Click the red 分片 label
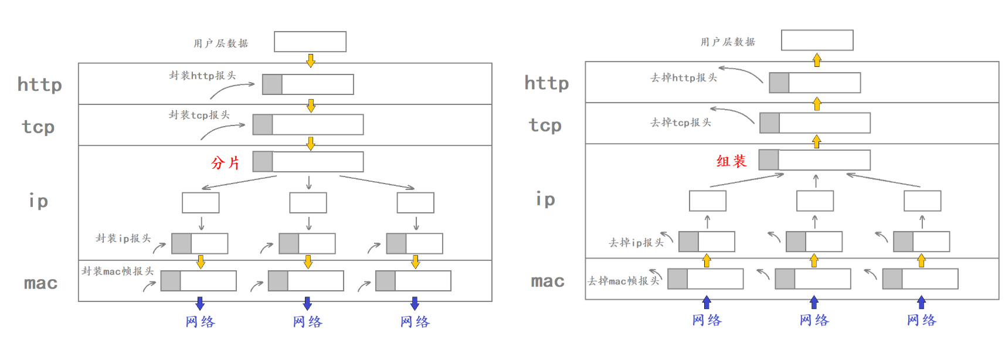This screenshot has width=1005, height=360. click(x=226, y=162)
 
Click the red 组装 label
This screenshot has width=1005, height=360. click(x=731, y=161)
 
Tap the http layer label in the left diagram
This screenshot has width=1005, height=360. click(x=40, y=84)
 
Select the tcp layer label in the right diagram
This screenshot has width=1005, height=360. click(x=545, y=125)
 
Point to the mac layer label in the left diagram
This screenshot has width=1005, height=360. click(x=41, y=283)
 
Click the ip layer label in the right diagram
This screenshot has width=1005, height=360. click(x=545, y=199)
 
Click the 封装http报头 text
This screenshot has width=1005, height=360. click(x=202, y=76)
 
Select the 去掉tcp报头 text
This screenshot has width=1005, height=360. click(x=681, y=123)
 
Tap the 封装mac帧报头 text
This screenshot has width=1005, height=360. click(x=117, y=271)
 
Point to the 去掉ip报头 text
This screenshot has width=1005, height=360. click(x=636, y=242)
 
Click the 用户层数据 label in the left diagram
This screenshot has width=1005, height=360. click(x=221, y=43)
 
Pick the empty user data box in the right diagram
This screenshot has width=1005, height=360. click(x=817, y=40)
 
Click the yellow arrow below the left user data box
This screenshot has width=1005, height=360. click(x=311, y=60)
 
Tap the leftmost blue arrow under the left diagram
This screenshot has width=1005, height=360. click(x=200, y=303)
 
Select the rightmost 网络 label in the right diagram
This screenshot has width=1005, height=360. click(x=922, y=320)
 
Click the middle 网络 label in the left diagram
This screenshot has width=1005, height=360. click(x=308, y=322)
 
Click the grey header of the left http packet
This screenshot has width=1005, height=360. click(x=272, y=84)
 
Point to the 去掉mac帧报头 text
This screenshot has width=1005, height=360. click(x=623, y=281)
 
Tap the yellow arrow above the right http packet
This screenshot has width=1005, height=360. click(x=817, y=60)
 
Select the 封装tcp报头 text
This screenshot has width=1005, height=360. click(x=199, y=115)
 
